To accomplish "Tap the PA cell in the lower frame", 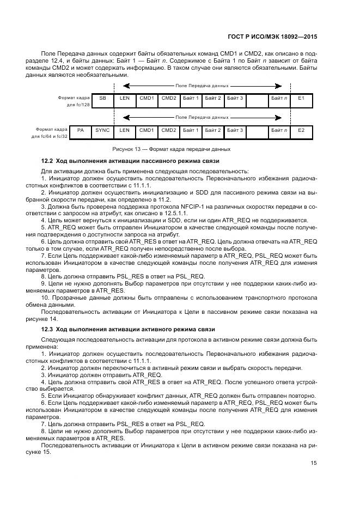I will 81,130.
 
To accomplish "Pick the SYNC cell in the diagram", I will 102,130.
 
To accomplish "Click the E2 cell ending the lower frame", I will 301,130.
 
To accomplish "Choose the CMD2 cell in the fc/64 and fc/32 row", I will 169,130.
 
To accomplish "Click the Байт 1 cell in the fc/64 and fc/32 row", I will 191,130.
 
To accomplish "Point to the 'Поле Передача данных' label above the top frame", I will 202,86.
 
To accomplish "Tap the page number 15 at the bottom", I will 314,463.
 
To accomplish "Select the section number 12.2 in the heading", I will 48,162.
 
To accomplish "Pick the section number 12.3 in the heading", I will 48,329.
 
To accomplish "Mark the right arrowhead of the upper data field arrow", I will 278,86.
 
